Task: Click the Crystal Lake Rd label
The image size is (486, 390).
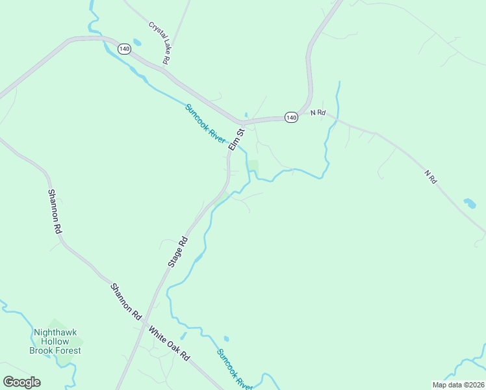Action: [159, 44]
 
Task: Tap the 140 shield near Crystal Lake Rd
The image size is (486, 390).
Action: [124, 49]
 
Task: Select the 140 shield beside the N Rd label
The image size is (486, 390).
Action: [291, 118]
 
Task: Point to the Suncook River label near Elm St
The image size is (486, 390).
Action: [205, 124]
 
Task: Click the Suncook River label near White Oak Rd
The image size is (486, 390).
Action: [234, 369]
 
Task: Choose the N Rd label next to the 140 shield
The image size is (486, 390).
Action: [317, 113]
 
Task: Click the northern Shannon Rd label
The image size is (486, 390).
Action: [55, 211]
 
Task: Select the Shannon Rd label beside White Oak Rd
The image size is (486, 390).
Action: [126, 300]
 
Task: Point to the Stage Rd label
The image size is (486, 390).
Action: [177, 252]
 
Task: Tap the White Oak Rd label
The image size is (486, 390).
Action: [168, 344]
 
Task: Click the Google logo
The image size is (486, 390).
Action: [21, 382]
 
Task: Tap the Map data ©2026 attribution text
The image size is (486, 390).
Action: [457, 385]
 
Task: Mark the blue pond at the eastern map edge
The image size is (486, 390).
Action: [469, 203]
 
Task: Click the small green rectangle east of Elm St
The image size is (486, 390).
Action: [253, 166]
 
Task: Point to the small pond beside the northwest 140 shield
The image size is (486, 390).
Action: [137, 42]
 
